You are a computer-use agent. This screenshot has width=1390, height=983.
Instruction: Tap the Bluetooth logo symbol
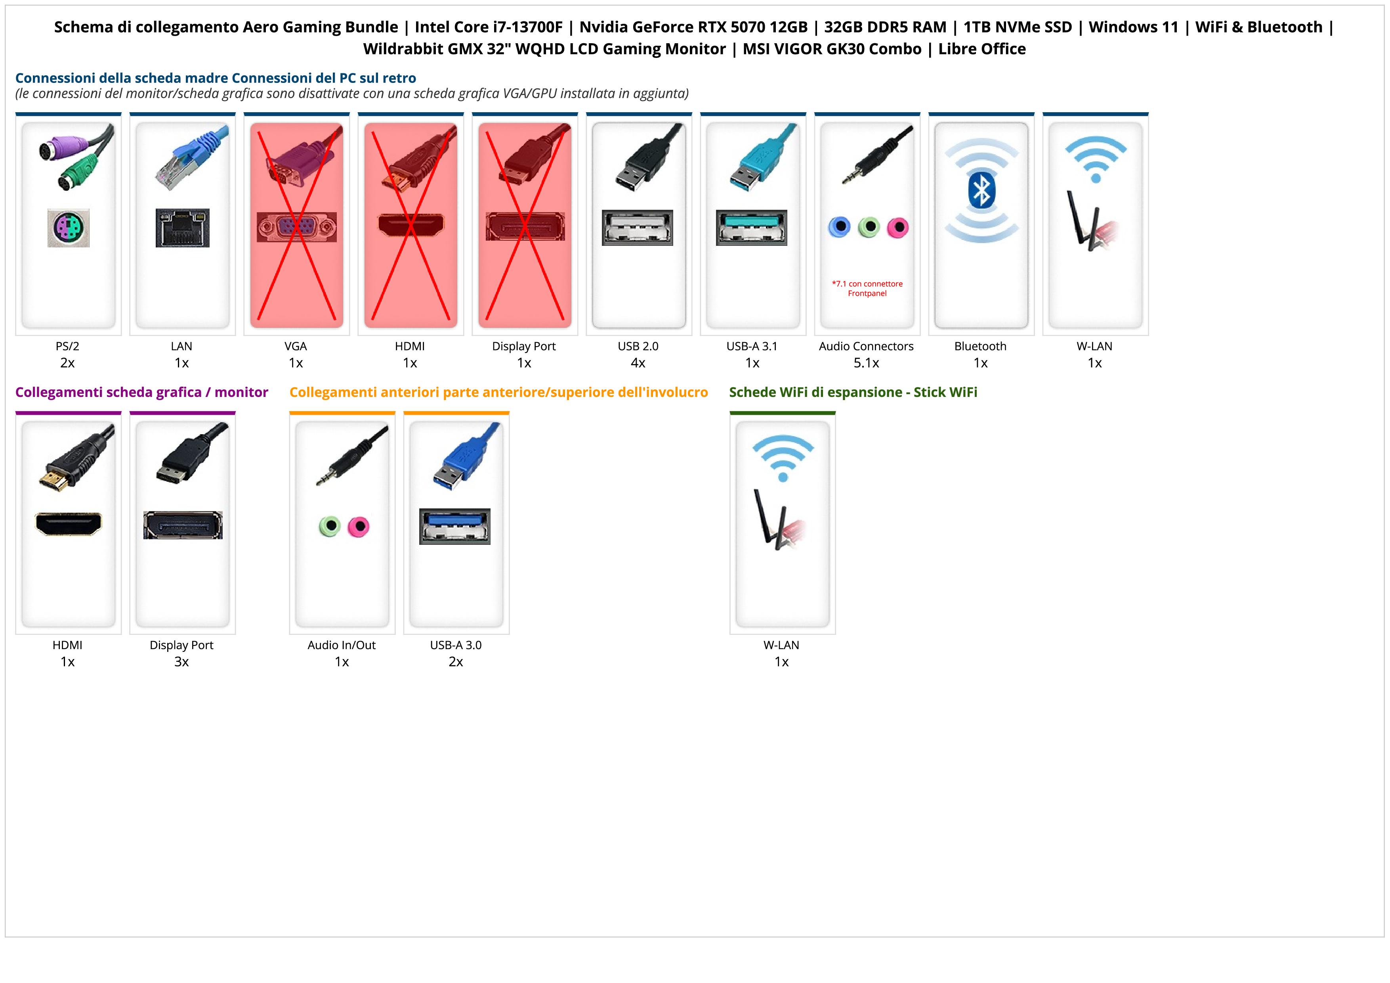(x=981, y=190)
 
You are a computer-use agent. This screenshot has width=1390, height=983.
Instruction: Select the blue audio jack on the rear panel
(x=839, y=227)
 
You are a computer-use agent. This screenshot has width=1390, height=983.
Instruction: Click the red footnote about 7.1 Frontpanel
(x=867, y=288)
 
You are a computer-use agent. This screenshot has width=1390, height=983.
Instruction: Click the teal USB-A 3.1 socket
(x=751, y=228)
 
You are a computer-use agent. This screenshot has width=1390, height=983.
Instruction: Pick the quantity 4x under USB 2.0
(x=638, y=363)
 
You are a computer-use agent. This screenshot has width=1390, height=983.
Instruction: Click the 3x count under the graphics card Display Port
(x=181, y=661)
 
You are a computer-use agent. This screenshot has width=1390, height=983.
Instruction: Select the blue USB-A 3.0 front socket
(x=454, y=526)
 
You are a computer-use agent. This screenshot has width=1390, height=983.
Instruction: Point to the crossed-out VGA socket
(x=296, y=227)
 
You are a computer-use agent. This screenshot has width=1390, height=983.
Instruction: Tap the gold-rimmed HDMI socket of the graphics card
(x=69, y=524)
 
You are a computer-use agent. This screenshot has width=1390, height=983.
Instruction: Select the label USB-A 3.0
(x=456, y=645)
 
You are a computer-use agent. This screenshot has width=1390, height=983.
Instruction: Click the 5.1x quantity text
(x=866, y=363)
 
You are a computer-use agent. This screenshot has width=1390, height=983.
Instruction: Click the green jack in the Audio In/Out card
(x=329, y=526)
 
